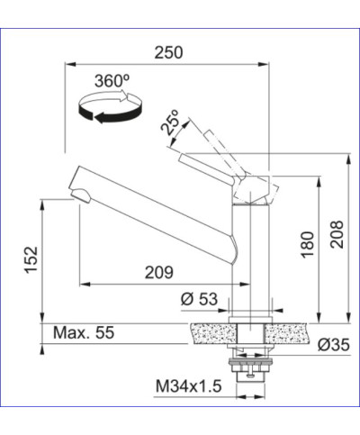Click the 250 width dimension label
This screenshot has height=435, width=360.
click(167, 52)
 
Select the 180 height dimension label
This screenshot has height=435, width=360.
click(307, 243)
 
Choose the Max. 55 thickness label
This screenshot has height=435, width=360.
click(84, 333)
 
